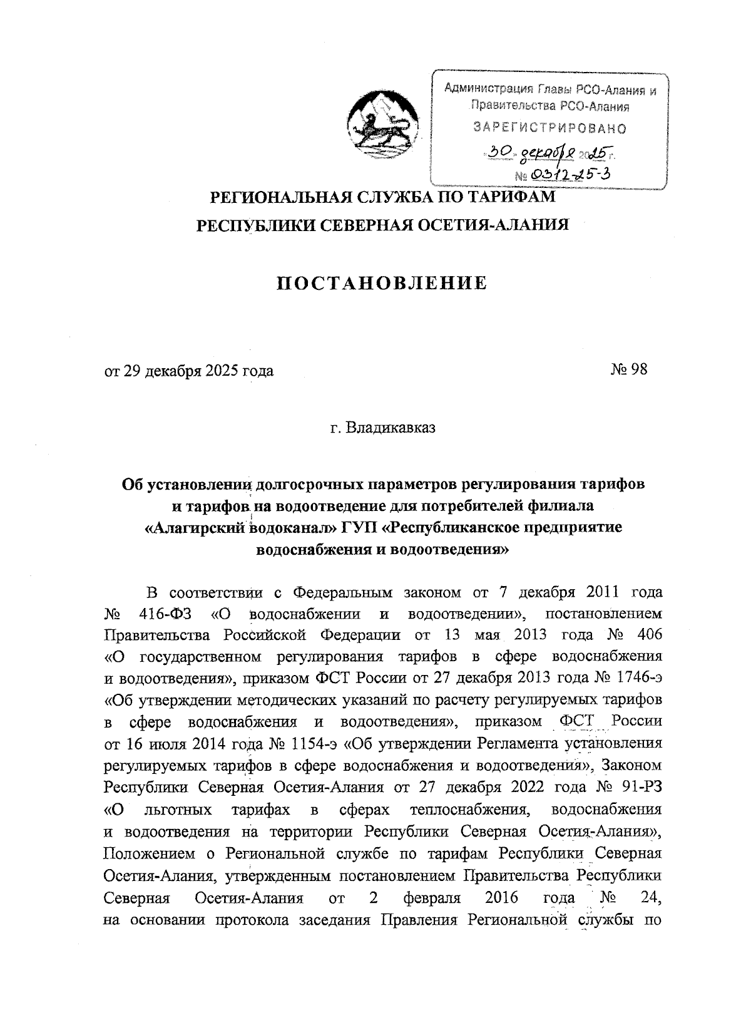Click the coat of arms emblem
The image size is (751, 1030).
click(x=382, y=123)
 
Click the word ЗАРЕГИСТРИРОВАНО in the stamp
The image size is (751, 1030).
click(x=550, y=128)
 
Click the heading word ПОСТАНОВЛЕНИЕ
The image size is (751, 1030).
click(x=382, y=283)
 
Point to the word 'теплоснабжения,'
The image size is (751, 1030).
click(x=466, y=809)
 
